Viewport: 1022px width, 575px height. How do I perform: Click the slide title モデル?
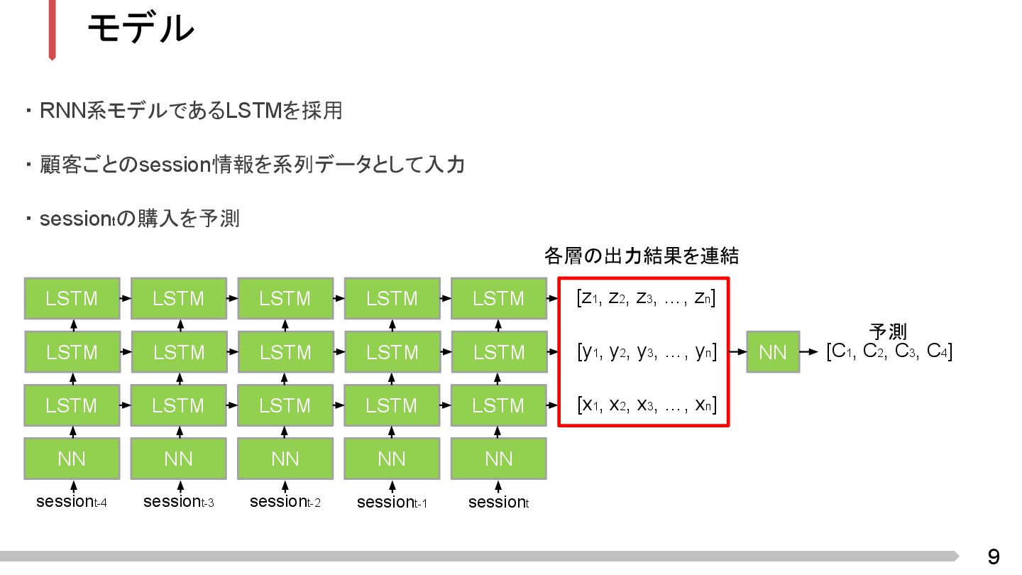(140, 29)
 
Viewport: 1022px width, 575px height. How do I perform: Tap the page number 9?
(994, 557)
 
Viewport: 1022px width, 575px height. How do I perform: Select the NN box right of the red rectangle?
(773, 352)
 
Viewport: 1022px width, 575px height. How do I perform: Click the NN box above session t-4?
(72, 459)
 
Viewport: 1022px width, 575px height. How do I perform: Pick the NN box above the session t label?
(498, 459)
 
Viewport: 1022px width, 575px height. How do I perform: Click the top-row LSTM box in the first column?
(72, 299)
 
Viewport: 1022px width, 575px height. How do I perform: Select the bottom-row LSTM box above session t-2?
(285, 406)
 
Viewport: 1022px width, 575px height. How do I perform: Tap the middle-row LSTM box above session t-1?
(392, 352)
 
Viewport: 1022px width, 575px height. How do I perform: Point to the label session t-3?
(179, 502)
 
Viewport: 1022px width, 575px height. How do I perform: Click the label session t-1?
(392, 503)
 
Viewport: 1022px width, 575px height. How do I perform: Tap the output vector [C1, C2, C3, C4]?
(889, 351)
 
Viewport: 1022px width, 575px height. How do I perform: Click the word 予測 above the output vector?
(888, 331)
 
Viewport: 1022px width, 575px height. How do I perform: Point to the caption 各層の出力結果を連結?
(641, 256)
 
